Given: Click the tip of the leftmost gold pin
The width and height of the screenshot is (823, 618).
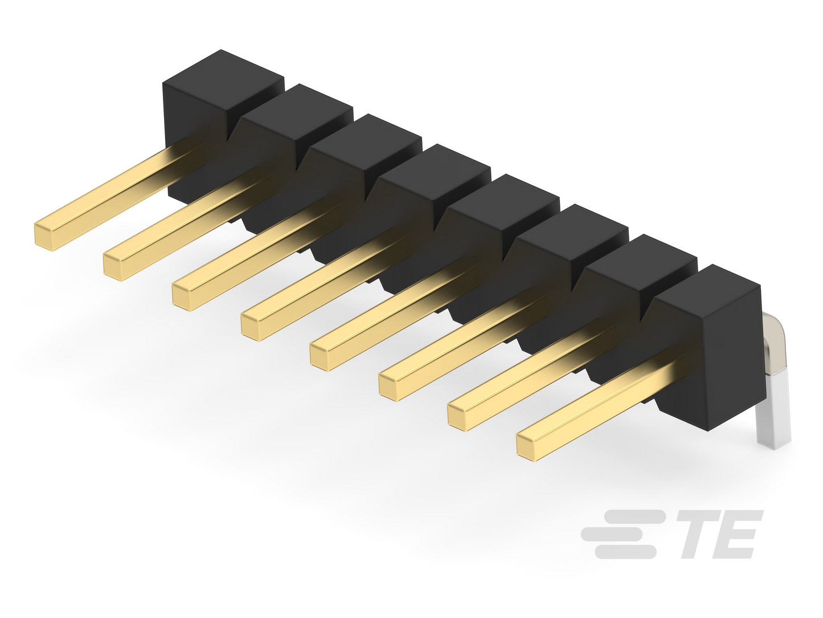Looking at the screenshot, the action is pyautogui.click(x=43, y=237).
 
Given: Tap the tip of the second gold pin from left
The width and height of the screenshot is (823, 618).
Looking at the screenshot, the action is pyautogui.click(x=112, y=267).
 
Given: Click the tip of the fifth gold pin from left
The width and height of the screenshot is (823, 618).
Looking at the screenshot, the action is pyautogui.click(x=320, y=357).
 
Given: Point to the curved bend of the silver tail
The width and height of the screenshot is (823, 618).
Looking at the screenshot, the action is pyautogui.click(x=772, y=330).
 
